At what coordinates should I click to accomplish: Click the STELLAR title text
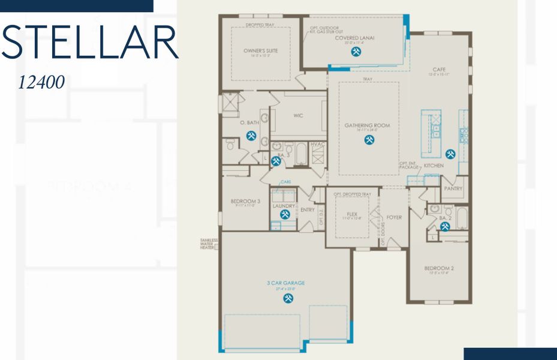tap(90, 41)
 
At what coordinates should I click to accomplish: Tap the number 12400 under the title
tap(41, 83)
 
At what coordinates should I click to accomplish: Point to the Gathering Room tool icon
tap(369, 140)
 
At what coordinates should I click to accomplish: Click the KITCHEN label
tap(433, 166)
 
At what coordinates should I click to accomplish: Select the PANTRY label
tap(453, 188)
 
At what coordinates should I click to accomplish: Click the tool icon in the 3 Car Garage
tap(288, 297)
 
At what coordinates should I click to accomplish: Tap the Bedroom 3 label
tap(245, 201)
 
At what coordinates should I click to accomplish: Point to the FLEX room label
tap(352, 214)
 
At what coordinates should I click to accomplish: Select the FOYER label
tap(394, 217)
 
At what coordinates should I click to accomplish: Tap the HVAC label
tap(318, 145)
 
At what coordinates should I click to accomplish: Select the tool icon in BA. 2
tap(445, 226)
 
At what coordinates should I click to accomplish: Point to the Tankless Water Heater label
tap(209, 244)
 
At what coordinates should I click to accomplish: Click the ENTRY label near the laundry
tap(307, 210)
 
